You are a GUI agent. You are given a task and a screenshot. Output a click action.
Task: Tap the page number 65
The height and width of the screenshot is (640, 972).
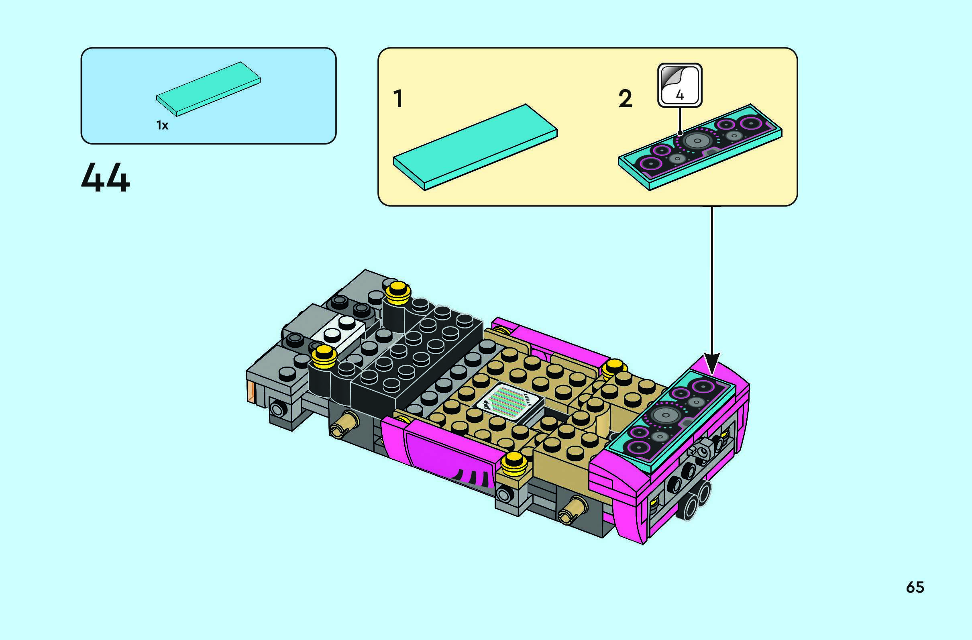click(x=915, y=587)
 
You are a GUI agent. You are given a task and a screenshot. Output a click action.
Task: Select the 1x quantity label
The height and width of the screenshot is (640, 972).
click(x=162, y=125)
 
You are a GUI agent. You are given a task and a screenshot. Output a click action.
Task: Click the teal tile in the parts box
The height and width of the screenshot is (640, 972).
click(x=208, y=89)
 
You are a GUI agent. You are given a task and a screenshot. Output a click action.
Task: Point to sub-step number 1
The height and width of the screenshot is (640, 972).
click(x=398, y=99)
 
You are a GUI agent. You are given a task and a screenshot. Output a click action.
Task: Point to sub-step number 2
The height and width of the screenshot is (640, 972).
click(x=625, y=99)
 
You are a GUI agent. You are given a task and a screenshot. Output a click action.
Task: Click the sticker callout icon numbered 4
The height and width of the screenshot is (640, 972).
click(x=680, y=85)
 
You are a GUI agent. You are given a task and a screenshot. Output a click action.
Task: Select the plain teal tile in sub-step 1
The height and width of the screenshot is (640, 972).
click(x=475, y=147)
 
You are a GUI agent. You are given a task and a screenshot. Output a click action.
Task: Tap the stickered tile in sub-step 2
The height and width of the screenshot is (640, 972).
click(x=700, y=147)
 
